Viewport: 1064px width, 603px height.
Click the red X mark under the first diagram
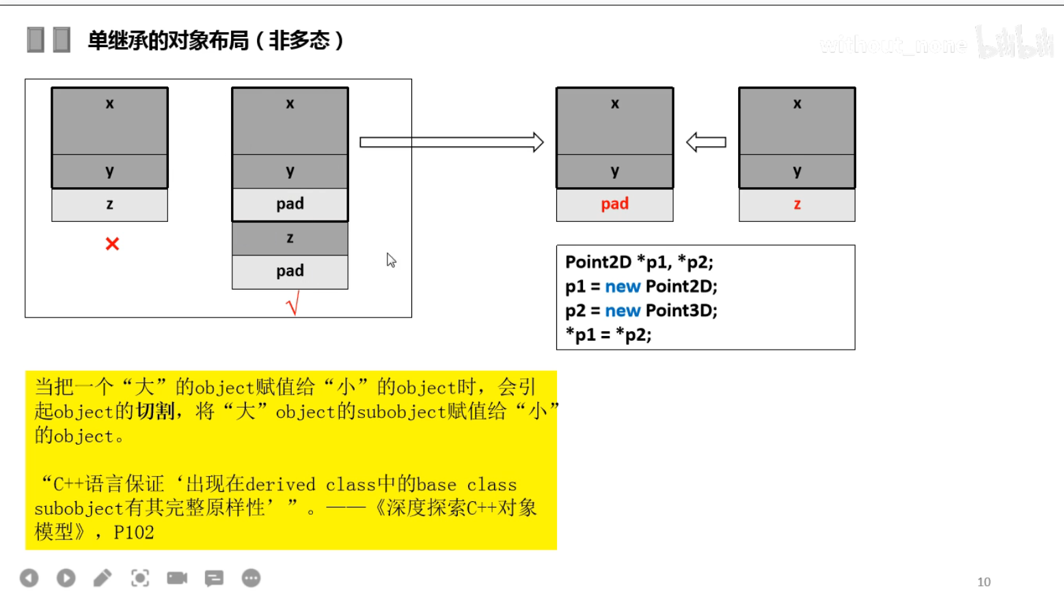coord(112,244)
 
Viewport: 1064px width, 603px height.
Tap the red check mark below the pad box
coord(293,303)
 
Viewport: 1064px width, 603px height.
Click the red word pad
coord(614,204)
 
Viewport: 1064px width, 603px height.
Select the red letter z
coord(797,204)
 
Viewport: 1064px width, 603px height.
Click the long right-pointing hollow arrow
coord(451,142)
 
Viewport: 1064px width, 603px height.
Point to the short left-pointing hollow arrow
coord(706,142)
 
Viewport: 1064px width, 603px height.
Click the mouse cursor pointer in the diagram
coord(391,260)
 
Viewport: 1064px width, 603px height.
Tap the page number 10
coord(983,582)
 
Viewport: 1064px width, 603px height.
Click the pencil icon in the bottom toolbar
coord(103,578)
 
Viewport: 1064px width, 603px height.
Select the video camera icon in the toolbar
coord(177,578)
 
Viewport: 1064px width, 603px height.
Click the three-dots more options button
coord(251,578)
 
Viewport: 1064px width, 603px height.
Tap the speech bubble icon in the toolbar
coord(214,578)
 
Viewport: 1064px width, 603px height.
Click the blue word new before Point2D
coord(623,287)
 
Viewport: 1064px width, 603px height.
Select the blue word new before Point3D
coord(623,311)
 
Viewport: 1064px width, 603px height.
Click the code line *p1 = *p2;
coord(608,335)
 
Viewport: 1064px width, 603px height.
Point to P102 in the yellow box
coord(134,533)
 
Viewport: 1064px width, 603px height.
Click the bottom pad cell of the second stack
coord(290,271)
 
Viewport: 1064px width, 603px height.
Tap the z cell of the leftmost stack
coord(109,204)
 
